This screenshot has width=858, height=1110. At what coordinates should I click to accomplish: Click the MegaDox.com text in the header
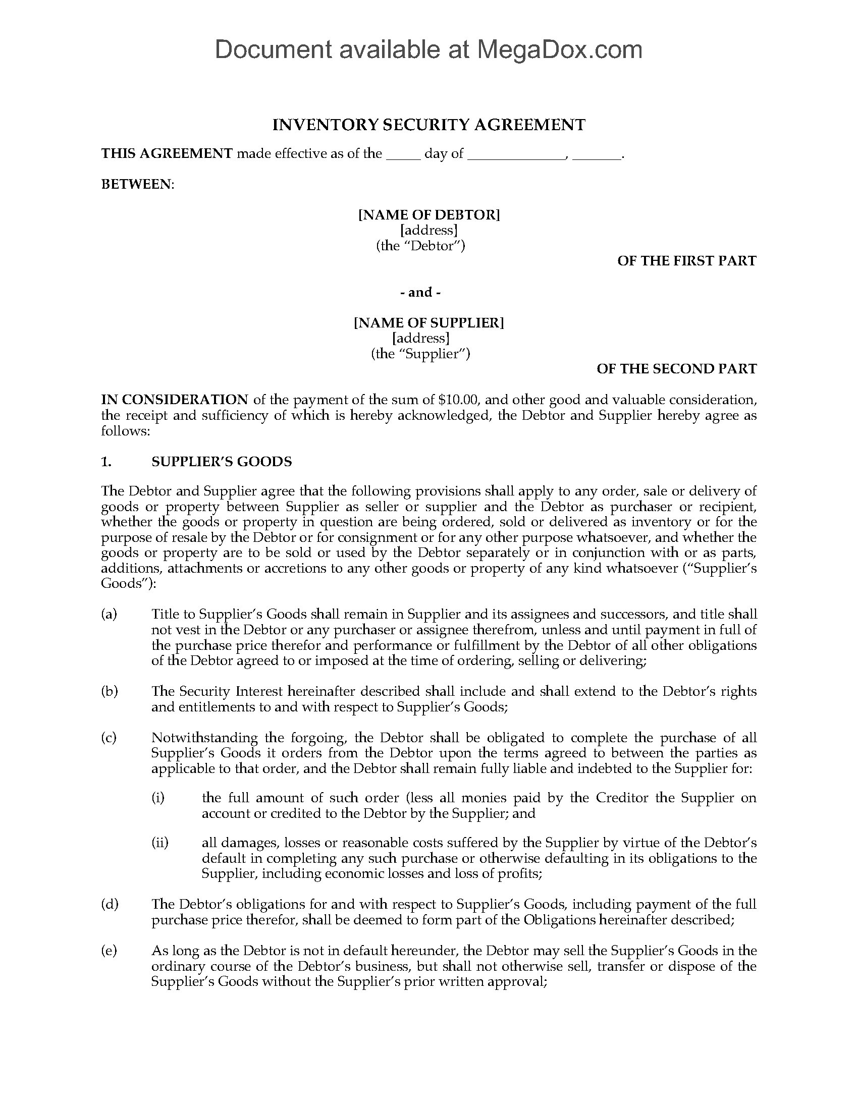click(x=559, y=49)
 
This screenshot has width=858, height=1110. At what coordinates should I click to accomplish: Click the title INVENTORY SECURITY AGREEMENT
click(x=428, y=125)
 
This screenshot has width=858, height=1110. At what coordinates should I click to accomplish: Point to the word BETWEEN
click(x=137, y=185)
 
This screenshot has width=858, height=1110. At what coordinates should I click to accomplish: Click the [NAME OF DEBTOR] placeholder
click(x=428, y=214)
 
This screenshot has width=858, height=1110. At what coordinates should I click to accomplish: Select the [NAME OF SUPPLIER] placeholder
click(x=428, y=323)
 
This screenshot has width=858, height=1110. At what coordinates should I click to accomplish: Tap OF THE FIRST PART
click(x=686, y=261)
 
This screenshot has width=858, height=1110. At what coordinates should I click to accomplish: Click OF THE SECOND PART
click(x=676, y=368)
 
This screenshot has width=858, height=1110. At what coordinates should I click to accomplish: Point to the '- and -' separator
click(x=420, y=292)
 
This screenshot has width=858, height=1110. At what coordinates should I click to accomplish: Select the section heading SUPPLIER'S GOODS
click(x=222, y=462)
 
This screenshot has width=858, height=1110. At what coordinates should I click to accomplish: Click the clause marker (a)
click(x=110, y=614)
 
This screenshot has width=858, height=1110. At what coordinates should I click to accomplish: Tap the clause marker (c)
click(x=110, y=738)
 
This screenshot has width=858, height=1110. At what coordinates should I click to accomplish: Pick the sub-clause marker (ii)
click(x=159, y=843)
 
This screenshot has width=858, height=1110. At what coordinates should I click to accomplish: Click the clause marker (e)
click(x=110, y=951)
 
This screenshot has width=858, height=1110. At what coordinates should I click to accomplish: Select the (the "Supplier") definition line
click(x=420, y=354)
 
